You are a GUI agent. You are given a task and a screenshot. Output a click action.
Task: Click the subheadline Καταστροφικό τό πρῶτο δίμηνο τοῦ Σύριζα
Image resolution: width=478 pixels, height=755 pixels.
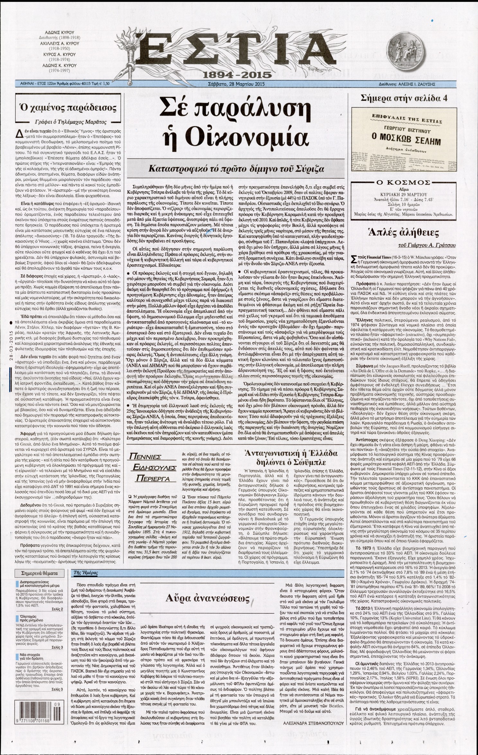[239, 169]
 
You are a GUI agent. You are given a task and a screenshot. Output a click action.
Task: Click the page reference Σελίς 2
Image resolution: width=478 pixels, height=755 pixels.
[57, 609]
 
